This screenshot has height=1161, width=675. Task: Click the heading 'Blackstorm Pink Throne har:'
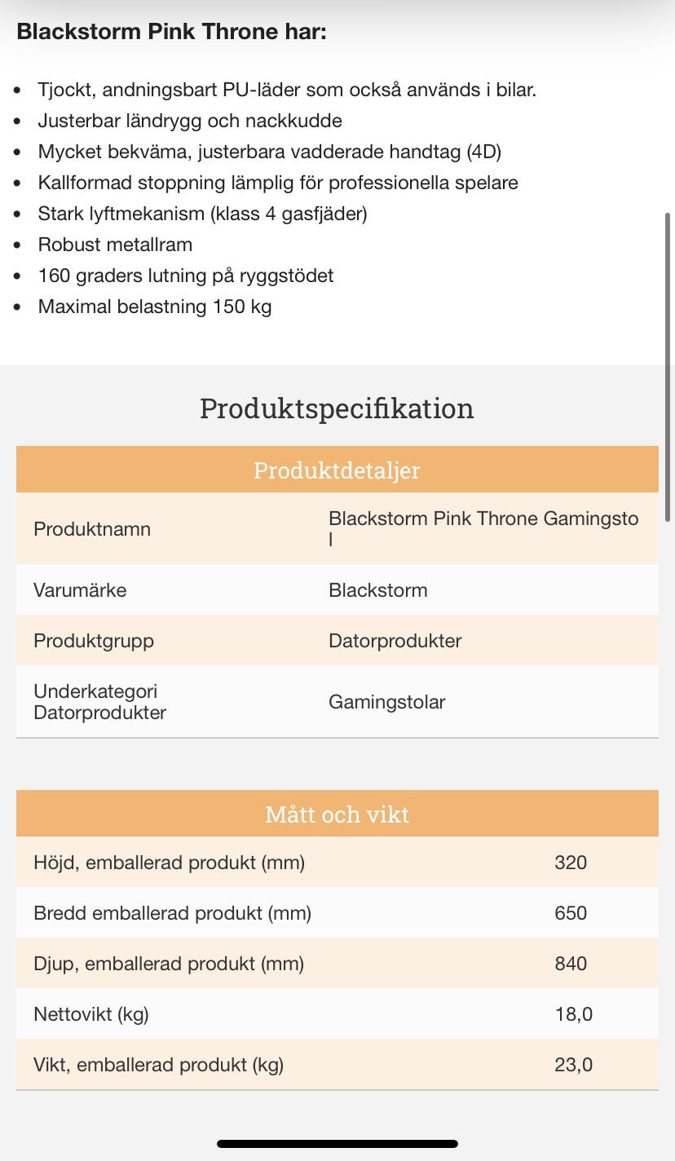pyautogui.click(x=171, y=33)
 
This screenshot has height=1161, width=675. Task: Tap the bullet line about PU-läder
pyautogui.click(x=286, y=90)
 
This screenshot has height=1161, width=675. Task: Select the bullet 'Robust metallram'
pyautogui.click(x=115, y=245)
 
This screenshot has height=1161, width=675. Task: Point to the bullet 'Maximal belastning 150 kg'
pyautogui.click(x=155, y=307)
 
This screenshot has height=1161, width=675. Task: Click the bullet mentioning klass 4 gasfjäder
pyautogui.click(x=202, y=214)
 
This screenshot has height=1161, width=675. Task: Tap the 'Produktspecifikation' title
pyautogui.click(x=337, y=408)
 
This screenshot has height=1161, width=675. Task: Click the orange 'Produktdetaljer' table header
pyautogui.click(x=337, y=470)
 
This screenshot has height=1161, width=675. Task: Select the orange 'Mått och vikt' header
pyautogui.click(x=337, y=814)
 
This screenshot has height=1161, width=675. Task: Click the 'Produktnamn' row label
pyautogui.click(x=92, y=529)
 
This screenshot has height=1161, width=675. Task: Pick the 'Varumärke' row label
pyautogui.click(x=80, y=590)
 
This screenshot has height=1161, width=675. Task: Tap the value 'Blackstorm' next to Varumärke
pyautogui.click(x=377, y=590)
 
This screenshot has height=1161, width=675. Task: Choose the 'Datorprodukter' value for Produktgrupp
pyautogui.click(x=395, y=641)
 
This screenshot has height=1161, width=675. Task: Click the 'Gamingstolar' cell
pyautogui.click(x=386, y=702)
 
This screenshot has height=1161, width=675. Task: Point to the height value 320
pyautogui.click(x=570, y=863)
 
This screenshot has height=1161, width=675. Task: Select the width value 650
pyautogui.click(x=570, y=913)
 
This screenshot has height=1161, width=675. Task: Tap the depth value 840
pyautogui.click(x=570, y=964)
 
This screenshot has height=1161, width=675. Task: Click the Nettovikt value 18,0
pyautogui.click(x=573, y=1014)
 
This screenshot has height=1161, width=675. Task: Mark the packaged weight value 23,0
pyautogui.click(x=573, y=1065)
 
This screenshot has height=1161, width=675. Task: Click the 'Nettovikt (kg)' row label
pyautogui.click(x=91, y=1014)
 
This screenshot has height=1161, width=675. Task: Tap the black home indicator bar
pyautogui.click(x=337, y=1144)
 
